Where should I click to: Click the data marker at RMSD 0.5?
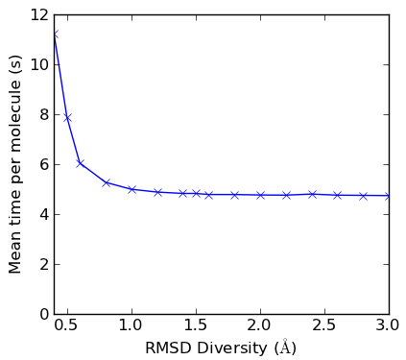[x=67, y=118]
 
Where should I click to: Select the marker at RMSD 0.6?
[x=80, y=163]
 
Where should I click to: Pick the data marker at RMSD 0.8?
[x=106, y=183]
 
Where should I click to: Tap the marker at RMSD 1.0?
[x=131, y=189]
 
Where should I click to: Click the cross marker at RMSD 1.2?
[x=157, y=192]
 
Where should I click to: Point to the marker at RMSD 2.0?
[x=260, y=195]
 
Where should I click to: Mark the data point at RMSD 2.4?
[x=312, y=194]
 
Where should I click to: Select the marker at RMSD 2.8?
[x=364, y=196]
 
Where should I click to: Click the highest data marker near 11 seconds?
[x=55, y=35]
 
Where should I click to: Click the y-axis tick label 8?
[x=44, y=114]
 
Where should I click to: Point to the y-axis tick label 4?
[x=44, y=214]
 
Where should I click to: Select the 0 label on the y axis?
[x=44, y=314]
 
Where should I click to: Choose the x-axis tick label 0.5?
[x=67, y=325]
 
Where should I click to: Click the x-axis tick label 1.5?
[x=196, y=325]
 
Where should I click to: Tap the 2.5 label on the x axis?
[x=324, y=325]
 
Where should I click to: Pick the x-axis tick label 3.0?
[x=389, y=325]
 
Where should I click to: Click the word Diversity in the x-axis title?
[x=232, y=348]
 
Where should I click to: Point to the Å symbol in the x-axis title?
[x=285, y=347]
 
